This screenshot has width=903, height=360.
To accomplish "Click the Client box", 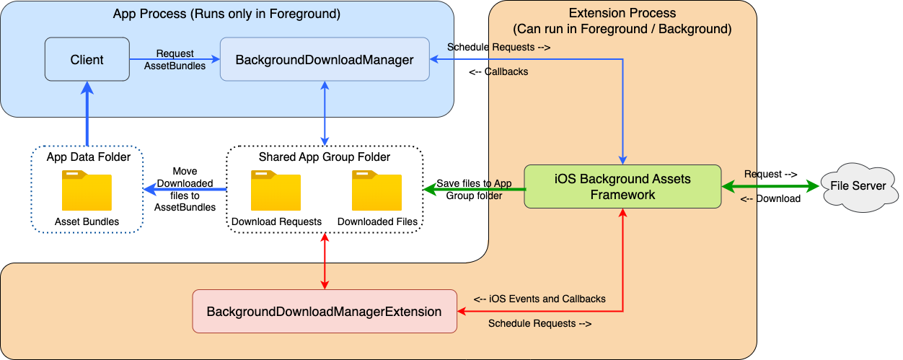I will (87, 60).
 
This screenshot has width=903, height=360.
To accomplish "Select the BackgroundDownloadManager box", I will (325, 60).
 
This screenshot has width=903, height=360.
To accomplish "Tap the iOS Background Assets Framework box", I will (622, 187).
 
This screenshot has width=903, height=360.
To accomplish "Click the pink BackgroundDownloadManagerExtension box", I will (325, 312).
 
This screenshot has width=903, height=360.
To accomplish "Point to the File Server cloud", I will (858, 186).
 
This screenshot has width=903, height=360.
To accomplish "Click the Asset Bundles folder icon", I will (87, 191).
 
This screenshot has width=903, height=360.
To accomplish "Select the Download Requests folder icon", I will (276, 191).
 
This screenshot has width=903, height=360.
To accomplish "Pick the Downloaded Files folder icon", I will (376, 191).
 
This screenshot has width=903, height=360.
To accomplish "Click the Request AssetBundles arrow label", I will (175, 59).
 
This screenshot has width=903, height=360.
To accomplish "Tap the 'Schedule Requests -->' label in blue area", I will (499, 48).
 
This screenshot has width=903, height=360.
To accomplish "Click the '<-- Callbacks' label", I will (498, 72).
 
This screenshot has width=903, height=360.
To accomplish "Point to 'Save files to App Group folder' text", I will (474, 189).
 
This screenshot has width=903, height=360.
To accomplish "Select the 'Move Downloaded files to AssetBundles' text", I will (185, 190).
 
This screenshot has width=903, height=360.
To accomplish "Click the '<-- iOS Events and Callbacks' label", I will (539, 299).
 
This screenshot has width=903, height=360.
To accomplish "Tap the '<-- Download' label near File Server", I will (771, 199).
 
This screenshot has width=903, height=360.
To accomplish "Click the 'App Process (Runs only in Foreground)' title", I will (226, 14).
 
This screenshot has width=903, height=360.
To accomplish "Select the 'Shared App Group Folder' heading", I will (324, 157).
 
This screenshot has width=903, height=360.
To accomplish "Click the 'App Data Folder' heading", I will (88, 157).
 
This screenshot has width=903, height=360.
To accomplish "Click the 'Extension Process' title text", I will (622, 14).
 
